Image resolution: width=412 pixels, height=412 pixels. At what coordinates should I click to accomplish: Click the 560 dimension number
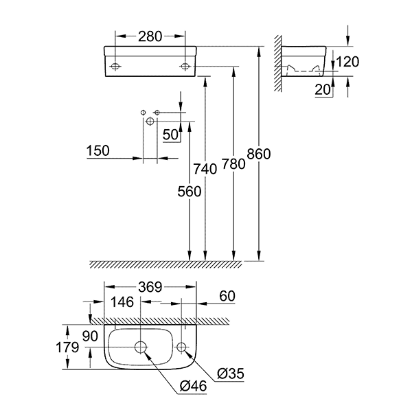(x=190, y=192)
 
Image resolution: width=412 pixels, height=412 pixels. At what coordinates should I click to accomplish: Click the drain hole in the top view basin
(x=141, y=347)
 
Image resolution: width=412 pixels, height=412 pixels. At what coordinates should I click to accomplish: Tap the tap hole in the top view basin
(x=182, y=347)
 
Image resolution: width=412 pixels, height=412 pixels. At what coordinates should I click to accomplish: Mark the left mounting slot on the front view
(x=115, y=66)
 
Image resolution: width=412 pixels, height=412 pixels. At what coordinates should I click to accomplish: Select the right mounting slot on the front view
(x=185, y=66)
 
